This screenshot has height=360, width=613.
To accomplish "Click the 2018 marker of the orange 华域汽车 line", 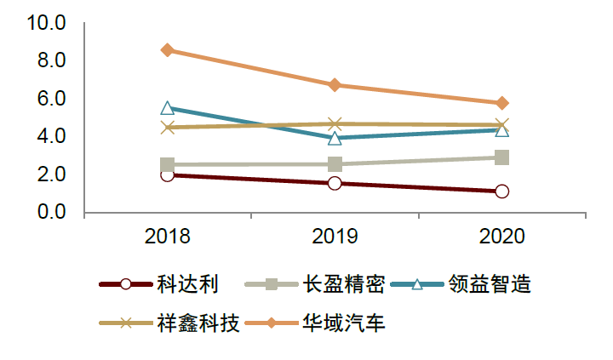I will coord(168,50).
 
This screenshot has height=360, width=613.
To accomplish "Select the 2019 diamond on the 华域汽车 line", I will coord(335,85).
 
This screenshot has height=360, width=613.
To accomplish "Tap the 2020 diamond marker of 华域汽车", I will coord(502,103).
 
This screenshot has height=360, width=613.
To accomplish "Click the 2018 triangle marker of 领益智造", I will coord(168,108).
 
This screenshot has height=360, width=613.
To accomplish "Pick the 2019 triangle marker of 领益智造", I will coord(335,138).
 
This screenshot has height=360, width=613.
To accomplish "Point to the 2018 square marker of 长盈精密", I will coord(168,165).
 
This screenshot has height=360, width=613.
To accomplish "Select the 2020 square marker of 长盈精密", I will coord(502,157).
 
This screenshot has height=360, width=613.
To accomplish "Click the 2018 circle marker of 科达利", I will coord(168,174).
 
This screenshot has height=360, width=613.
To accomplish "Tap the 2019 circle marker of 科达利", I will coord(335,183).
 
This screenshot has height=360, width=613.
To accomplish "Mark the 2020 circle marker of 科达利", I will coord(502,191).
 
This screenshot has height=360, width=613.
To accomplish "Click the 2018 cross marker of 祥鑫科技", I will coord(168,128).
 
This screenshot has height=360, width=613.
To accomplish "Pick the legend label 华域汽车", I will coord(343,323).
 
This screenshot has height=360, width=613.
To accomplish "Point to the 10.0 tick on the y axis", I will coord(46,23).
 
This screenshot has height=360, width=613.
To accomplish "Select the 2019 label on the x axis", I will coord(335,236).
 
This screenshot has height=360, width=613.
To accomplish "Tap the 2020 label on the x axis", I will coord(502,236).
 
